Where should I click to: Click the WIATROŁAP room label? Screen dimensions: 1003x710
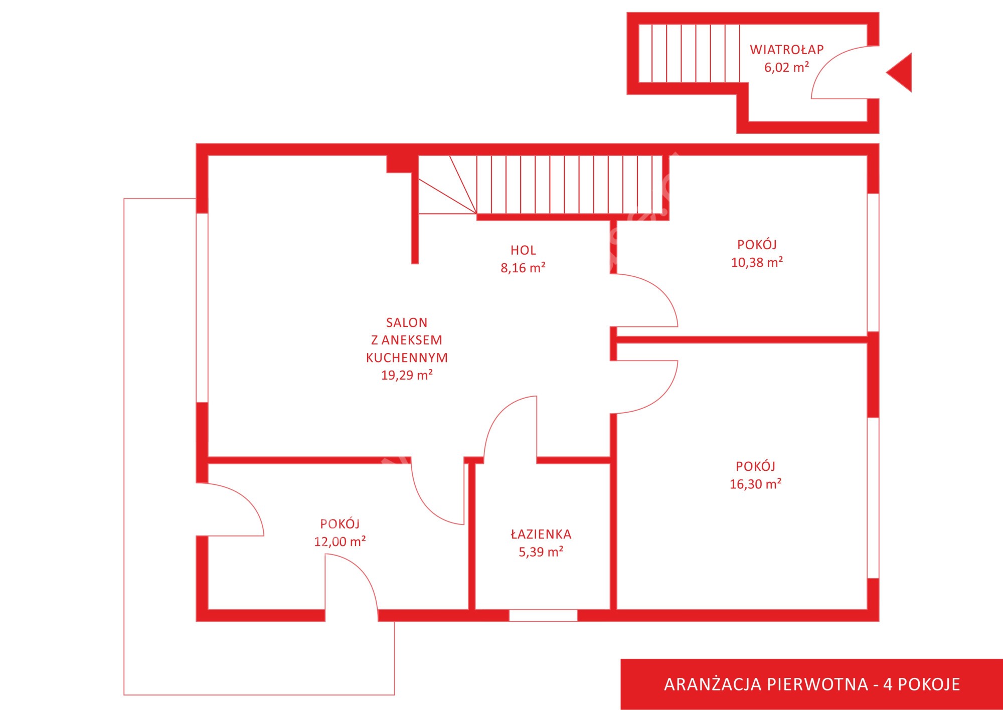click(x=786, y=49)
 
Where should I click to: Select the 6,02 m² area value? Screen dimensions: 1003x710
click(x=786, y=67)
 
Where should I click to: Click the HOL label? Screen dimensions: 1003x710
click(x=523, y=250)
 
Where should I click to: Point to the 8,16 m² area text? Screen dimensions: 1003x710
click(x=523, y=268)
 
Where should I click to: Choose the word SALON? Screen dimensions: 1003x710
click(x=407, y=322)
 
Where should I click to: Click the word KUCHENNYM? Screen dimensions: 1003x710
click(x=407, y=358)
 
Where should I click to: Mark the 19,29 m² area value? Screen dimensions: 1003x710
click(x=407, y=375)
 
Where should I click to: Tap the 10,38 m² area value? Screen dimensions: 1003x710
click(x=757, y=262)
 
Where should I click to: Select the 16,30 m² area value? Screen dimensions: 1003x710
click(x=756, y=484)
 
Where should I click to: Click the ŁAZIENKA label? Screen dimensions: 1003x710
click(x=541, y=534)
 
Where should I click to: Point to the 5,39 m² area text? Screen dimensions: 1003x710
click(x=541, y=552)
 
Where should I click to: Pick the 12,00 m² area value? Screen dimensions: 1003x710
click(x=340, y=542)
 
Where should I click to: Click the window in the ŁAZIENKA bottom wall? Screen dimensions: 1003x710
click(x=543, y=615)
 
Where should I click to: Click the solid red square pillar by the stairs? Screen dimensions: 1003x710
click(x=399, y=164)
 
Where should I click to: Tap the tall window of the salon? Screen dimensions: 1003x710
click(x=202, y=308)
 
